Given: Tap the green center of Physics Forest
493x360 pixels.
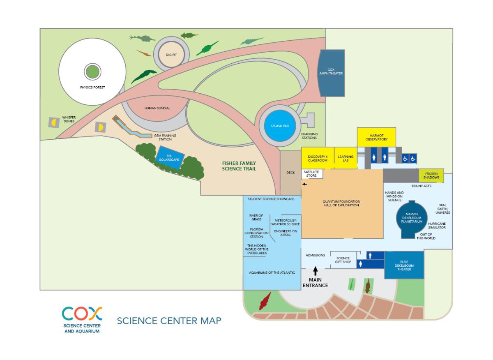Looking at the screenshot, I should tap(92, 72).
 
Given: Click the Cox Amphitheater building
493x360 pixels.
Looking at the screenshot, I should tap(331, 73).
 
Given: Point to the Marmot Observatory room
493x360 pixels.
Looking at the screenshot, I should tap(376, 137).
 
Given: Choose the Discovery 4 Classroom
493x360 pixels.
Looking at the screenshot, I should tap(318, 158).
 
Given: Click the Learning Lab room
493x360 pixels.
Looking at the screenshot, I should tap(346, 158).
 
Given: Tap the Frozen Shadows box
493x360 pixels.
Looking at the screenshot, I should tap(431, 175).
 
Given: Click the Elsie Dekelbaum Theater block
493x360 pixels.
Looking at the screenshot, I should tap(404, 265).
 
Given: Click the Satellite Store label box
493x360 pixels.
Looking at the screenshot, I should tap(312, 174).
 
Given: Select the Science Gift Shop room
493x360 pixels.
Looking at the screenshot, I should tap(343, 260).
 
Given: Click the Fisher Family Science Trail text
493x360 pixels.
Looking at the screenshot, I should tap(239, 166).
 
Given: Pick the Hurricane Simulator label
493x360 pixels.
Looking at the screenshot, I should tap(437, 225).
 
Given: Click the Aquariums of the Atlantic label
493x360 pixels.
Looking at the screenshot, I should tap(272, 272).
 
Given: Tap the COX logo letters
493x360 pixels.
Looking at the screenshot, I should tap(82, 315).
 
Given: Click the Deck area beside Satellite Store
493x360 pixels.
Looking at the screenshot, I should tap(290, 173).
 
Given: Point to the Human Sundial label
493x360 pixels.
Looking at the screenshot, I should tap(157, 108).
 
